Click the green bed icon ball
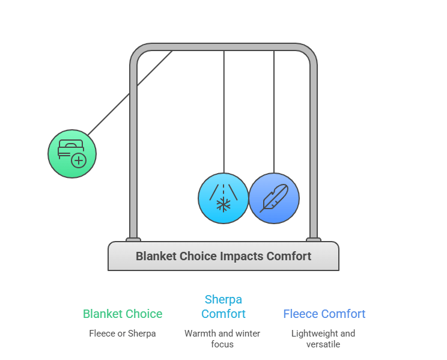click(72, 154)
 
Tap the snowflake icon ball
click(223, 198)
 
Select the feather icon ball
click(274, 198)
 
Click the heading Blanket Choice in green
click(123, 314)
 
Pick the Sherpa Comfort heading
click(223, 307)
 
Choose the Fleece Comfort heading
click(324, 314)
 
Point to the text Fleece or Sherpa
click(123, 333)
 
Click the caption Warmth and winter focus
click(223, 338)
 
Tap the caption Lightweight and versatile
click(323, 338)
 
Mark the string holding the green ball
click(129, 93)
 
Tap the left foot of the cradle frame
click(133, 239)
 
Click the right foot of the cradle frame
click(314, 239)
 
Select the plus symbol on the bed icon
click(79, 160)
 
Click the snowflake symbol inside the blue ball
click(223, 205)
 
